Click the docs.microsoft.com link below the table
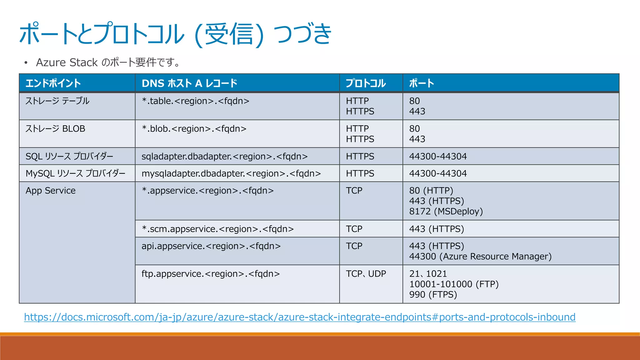tap(299, 317)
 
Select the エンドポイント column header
tap(53, 83)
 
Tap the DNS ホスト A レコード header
tap(189, 83)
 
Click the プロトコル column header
tap(366, 83)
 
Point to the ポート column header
tap(422, 83)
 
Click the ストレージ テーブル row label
tap(57, 101)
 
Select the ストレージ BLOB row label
tap(55, 129)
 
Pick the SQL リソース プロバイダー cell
tap(69, 156)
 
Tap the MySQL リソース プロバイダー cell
tap(75, 173)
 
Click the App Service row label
tap(51, 191)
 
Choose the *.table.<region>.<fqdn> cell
tap(196, 101)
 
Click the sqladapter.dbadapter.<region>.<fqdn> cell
tap(224, 156)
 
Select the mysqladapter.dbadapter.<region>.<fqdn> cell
tap(231, 173)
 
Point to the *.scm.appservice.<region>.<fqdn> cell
tap(218, 229)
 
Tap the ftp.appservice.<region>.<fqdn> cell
tap(211, 274)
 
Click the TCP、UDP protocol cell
tap(366, 274)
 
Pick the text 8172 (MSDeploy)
tap(446, 212)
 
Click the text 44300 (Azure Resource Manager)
tap(480, 257)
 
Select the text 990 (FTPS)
tap(433, 295)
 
